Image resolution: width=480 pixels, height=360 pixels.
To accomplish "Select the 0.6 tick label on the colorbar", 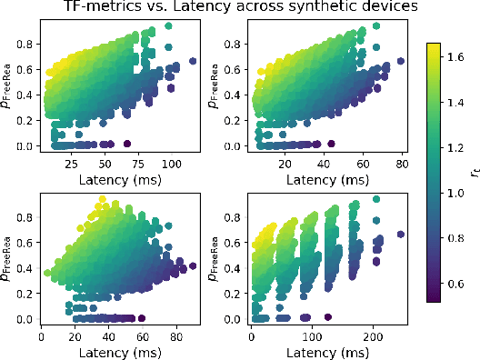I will (458, 284).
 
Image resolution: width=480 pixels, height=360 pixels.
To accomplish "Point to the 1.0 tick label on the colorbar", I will (458, 193).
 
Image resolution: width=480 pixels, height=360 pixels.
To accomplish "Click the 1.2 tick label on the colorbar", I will (458, 147).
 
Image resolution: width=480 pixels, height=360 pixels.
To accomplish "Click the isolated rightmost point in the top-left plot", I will (193, 61).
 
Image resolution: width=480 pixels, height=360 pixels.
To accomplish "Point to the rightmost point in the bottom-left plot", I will (192, 265).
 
